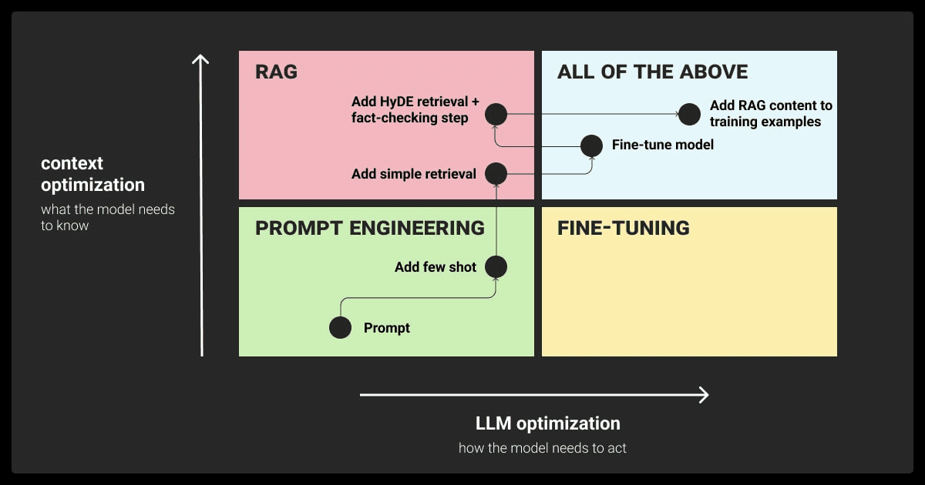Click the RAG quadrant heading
pyautogui.click(x=276, y=72)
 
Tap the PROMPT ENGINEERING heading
pyautogui.click(x=370, y=228)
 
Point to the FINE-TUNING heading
pyautogui.click(x=623, y=228)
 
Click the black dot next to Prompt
pyautogui.click(x=340, y=328)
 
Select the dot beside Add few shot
pyautogui.click(x=496, y=267)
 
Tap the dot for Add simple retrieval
pyautogui.click(x=496, y=174)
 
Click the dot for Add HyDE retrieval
pyautogui.click(x=496, y=115)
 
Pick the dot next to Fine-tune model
pyautogui.click(x=591, y=145)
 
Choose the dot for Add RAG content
pyautogui.click(x=689, y=114)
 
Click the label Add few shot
pyautogui.click(x=436, y=267)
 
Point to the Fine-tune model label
pyautogui.click(x=662, y=145)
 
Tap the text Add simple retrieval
pyautogui.click(x=414, y=174)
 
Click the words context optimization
pyautogui.click(x=92, y=174)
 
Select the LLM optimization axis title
pyautogui.click(x=547, y=423)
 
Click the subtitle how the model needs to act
pyautogui.click(x=543, y=447)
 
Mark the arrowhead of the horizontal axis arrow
pyautogui.click(x=703, y=395)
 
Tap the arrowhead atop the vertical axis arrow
pyautogui.click(x=201, y=60)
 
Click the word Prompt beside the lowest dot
pyautogui.click(x=387, y=328)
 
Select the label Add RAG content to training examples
pyautogui.click(x=771, y=114)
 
